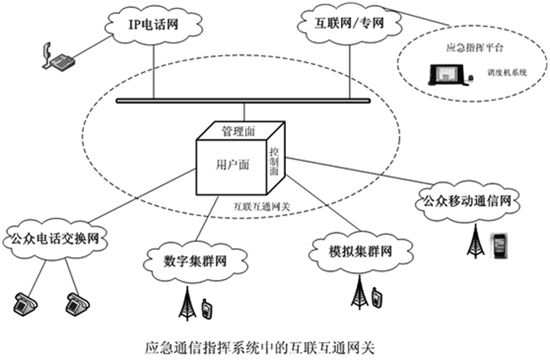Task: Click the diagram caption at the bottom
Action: tap(261, 346)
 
